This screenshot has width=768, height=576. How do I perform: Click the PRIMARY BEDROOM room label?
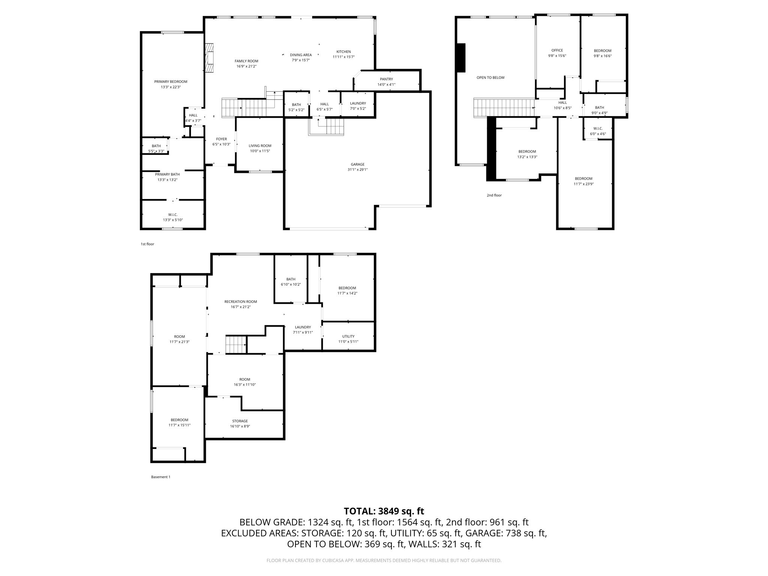coord(171,82)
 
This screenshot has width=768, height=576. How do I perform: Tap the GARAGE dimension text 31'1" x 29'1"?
coord(357,169)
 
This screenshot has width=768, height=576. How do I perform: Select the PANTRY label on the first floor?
coord(386,79)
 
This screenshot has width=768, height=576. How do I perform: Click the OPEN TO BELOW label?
coord(490,78)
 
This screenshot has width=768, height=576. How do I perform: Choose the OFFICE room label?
coord(557,51)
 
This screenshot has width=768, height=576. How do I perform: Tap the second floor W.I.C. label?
coord(598,129)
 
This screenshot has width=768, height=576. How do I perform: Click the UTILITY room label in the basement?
coord(348,336)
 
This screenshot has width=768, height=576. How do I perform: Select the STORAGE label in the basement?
coord(240,421)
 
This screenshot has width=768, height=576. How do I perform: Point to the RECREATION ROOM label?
coord(240,301)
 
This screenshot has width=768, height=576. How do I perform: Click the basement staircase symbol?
coord(235,345)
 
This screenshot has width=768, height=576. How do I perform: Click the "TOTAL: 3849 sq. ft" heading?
coord(384,511)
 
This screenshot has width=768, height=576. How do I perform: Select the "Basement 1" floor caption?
coord(160,477)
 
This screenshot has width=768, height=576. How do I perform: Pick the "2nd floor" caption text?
coord(494,195)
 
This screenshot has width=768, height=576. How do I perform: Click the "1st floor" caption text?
coord(147,244)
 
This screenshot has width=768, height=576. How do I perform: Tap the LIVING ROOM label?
coord(260,146)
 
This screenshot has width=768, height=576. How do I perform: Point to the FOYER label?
coord(221,139)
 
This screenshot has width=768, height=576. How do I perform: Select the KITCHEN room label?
coord(343,52)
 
